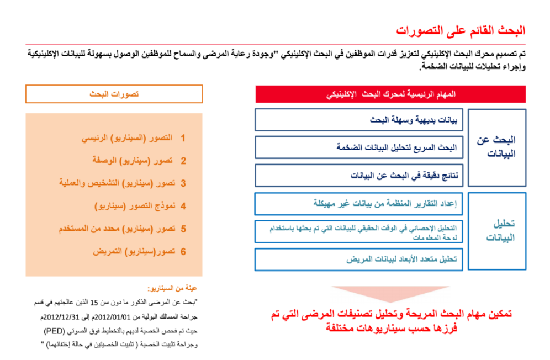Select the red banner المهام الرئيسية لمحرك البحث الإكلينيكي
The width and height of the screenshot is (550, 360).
coord(390,94)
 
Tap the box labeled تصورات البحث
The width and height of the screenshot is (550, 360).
coord(114,94)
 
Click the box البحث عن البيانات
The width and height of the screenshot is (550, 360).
coord(497,147)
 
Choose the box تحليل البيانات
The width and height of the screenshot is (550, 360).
coord(497,231)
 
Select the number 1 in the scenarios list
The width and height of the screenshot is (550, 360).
coord(183,138)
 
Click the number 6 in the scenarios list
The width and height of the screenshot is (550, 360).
coord(183,251)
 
